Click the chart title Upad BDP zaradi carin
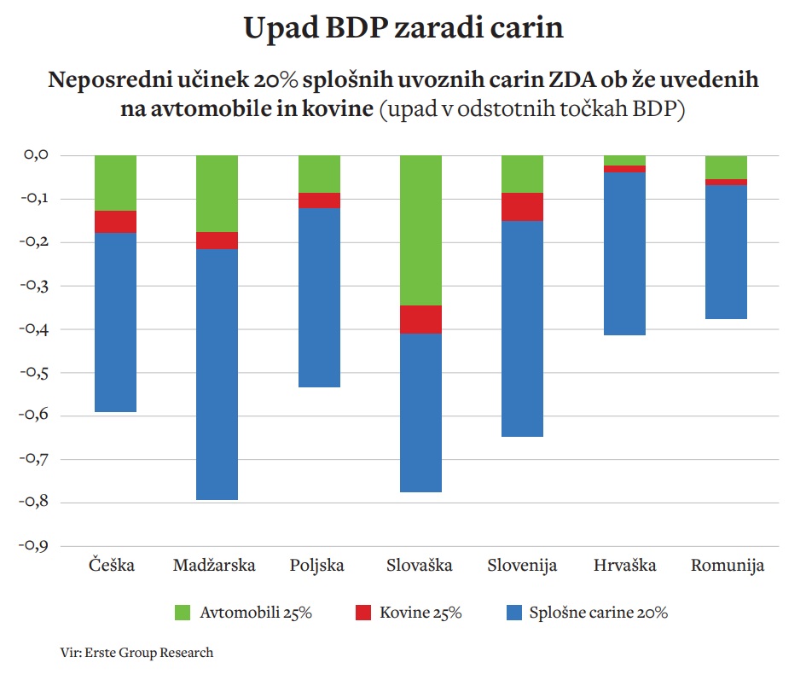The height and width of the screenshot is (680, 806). [403, 28]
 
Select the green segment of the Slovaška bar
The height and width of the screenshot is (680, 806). [420, 230]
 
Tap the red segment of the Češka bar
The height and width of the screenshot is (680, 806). [115, 221]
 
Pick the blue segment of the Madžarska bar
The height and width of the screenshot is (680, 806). [217, 374]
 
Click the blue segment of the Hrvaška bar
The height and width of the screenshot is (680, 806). [624, 253]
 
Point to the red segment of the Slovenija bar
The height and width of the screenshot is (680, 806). [522, 206]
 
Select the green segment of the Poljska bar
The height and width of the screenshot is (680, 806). [318, 174]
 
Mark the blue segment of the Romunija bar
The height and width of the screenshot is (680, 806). [726, 252]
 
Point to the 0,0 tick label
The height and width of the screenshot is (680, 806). [40, 155]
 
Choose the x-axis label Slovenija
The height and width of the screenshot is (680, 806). [522, 566]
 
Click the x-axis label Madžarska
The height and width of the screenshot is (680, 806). [217, 566]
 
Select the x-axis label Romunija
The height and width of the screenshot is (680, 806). [727, 566]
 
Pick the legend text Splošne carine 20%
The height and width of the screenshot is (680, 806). [598, 612]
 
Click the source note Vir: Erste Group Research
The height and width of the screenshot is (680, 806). [136, 653]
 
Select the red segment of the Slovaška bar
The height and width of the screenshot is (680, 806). [420, 319]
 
